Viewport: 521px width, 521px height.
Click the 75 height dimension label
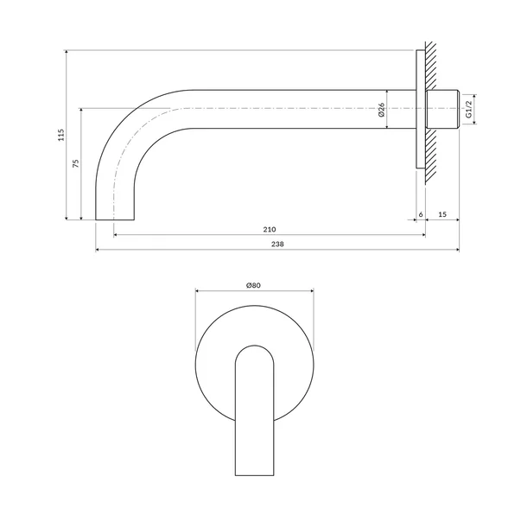(76, 164)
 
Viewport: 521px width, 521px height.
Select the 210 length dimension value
(269, 229)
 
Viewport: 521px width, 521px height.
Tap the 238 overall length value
(276, 245)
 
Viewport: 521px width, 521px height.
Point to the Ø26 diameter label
(381, 110)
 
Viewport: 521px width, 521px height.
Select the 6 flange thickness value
(421, 213)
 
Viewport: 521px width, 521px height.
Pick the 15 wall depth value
(442, 213)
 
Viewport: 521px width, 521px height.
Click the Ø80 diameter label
(254, 284)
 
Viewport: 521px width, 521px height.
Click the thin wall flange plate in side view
(420, 109)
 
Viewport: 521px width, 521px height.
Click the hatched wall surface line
(426, 109)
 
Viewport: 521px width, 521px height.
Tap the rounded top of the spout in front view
(254, 347)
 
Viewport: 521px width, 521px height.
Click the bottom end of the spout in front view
(254, 474)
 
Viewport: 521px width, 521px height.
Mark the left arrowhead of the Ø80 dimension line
(199, 291)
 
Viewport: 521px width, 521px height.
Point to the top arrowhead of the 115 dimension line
(67, 53)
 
